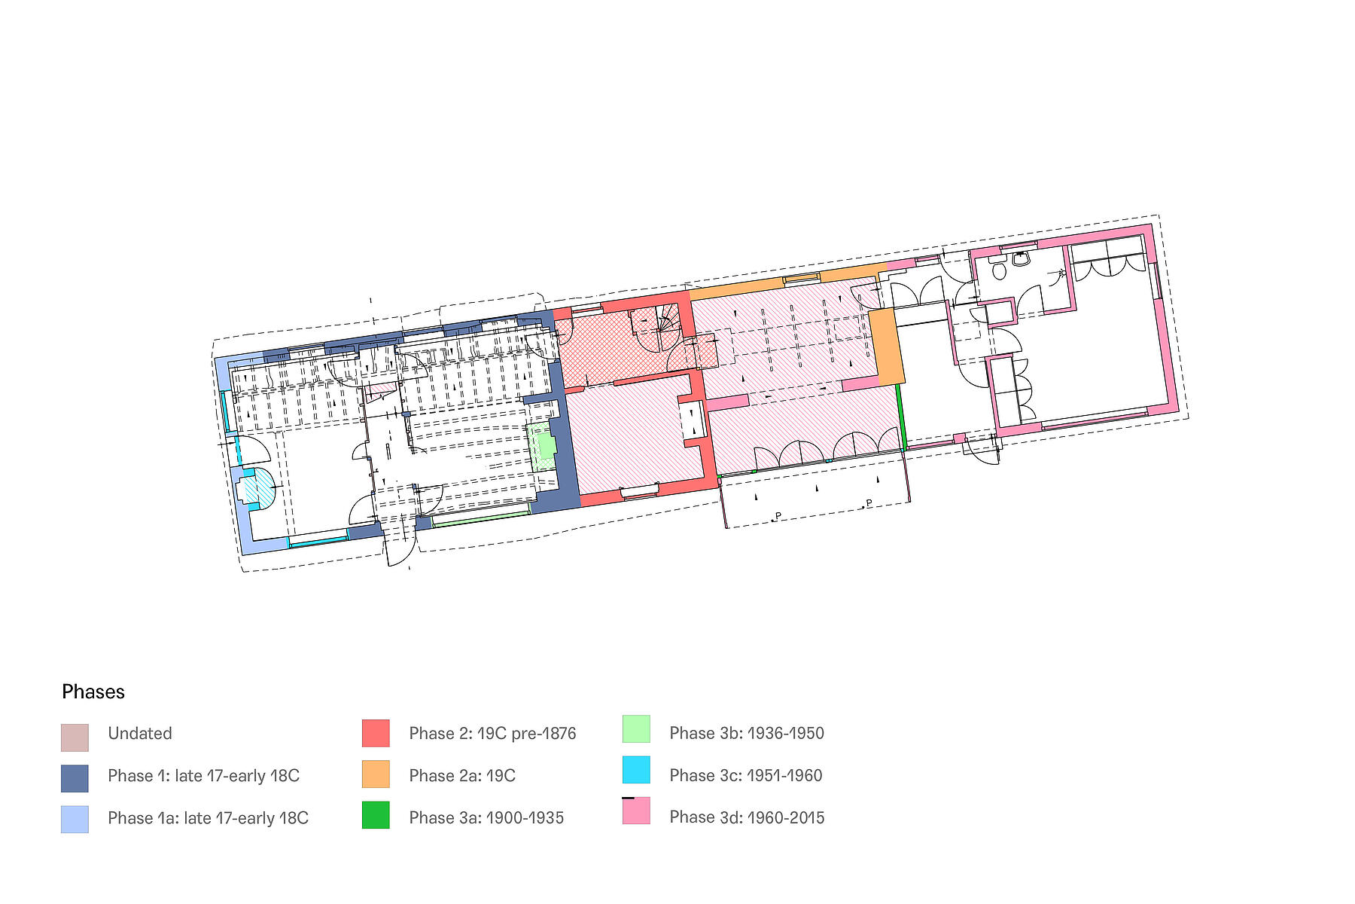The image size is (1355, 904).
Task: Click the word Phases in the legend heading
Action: tap(93, 692)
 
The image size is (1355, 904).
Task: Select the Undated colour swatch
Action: tap(75, 738)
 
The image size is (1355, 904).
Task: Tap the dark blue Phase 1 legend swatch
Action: tap(75, 778)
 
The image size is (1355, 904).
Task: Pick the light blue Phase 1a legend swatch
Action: tap(75, 819)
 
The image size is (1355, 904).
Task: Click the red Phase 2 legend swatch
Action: tap(376, 733)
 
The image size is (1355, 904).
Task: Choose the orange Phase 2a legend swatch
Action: tap(376, 774)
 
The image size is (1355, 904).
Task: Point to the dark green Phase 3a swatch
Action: tap(376, 814)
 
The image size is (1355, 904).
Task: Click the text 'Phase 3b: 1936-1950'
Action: tap(747, 733)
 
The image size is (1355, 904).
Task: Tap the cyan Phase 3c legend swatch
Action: tap(636, 769)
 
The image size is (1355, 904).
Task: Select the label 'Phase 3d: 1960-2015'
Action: tap(747, 817)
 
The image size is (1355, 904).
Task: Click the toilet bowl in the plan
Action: tap(999, 270)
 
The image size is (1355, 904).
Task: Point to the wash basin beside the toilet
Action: tap(1021, 258)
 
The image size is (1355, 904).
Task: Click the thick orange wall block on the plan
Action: tap(886, 346)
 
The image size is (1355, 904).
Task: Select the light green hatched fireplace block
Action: tap(543, 447)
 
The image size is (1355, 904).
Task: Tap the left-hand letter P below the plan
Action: tap(778, 516)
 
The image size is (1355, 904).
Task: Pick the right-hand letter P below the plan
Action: tap(869, 503)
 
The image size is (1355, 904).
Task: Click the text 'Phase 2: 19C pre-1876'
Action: tap(492, 733)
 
